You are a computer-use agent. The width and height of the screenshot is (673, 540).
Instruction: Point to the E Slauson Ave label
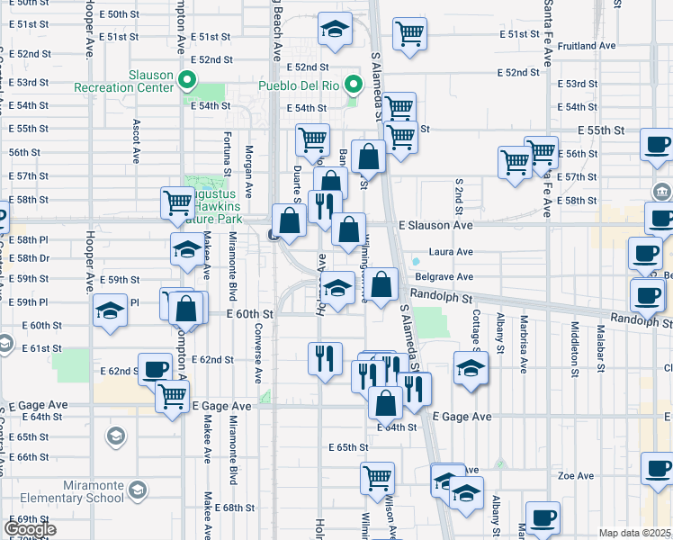(x=435, y=224)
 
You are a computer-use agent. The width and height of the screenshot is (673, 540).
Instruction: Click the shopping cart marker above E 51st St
(x=409, y=34)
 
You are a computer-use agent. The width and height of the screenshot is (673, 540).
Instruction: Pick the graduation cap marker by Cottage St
(x=471, y=368)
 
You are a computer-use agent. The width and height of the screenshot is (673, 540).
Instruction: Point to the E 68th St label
(x=235, y=508)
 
